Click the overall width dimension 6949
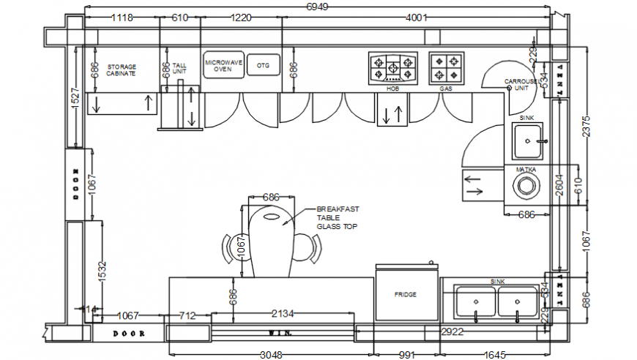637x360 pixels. point(317,7)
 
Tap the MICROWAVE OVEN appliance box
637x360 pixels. point(223,66)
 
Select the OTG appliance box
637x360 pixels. point(263,66)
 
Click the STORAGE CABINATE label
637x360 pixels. point(122,70)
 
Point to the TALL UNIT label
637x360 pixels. point(179,69)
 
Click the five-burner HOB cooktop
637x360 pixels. point(392,68)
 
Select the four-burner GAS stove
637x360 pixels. point(447,69)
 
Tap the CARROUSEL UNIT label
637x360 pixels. point(521,84)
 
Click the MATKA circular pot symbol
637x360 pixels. point(525,186)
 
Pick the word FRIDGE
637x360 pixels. point(406,295)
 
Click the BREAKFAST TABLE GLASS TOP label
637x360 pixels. point(336,217)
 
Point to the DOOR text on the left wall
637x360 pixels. point(75,184)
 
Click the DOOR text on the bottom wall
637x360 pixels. point(129,334)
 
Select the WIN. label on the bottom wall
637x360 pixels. point(280,334)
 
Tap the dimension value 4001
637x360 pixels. point(415,18)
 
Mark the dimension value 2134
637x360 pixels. point(283,314)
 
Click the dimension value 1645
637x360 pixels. point(495,355)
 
